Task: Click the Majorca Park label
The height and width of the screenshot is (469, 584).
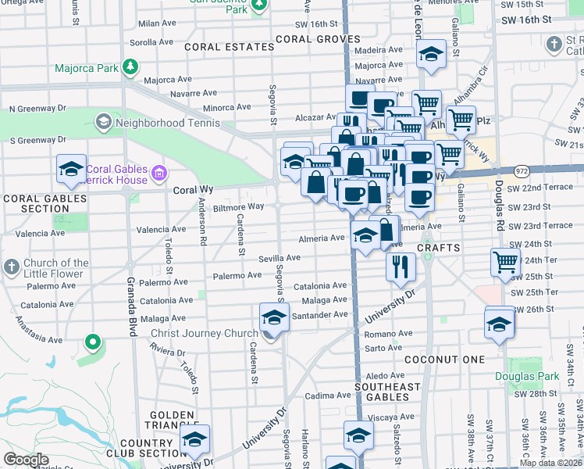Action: click(x=86, y=68)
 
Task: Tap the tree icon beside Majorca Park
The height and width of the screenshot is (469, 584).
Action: click(x=131, y=67)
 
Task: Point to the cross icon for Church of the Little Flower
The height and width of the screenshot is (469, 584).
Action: click(x=11, y=267)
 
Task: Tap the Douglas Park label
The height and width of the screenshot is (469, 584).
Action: click(x=527, y=376)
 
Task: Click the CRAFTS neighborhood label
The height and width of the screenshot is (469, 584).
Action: click(x=434, y=248)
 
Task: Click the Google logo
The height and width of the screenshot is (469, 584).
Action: click(x=26, y=460)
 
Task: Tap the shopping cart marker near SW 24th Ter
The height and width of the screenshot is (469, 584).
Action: click(x=504, y=262)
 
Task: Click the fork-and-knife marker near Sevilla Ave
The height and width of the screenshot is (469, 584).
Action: click(x=400, y=267)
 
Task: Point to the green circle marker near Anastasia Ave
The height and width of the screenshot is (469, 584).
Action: click(x=92, y=342)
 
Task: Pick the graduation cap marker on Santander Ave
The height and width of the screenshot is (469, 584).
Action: click(x=273, y=318)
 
